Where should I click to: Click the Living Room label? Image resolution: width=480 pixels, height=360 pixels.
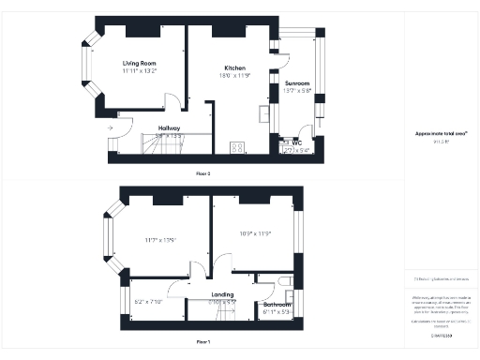[x=140, y=63]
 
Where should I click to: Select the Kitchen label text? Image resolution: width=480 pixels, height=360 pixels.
[x=233, y=67]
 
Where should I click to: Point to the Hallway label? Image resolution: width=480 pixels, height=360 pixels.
[x=169, y=127]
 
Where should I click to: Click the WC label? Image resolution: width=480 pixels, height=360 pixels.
[x=298, y=142]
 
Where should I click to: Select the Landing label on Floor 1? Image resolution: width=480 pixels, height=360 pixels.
[x=222, y=295]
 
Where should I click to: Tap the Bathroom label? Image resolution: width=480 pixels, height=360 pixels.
[x=276, y=304]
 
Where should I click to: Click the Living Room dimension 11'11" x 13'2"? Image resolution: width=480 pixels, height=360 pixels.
[x=140, y=71]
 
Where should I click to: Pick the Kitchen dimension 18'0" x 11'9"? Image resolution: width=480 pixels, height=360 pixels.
[x=233, y=75]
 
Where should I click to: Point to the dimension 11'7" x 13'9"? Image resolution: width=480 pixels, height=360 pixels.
[x=161, y=240]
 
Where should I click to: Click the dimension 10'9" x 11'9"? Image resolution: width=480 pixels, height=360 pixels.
[x=256, y=232]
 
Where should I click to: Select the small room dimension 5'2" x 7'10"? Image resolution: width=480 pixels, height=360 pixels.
[x=149, y=302]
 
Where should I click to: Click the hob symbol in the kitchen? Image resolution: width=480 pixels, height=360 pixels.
[x=235, y=146]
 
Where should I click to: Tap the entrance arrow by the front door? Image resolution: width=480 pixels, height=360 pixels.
[x=112, y=127]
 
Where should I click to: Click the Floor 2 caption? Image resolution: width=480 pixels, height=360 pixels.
[x=202, y=173]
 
